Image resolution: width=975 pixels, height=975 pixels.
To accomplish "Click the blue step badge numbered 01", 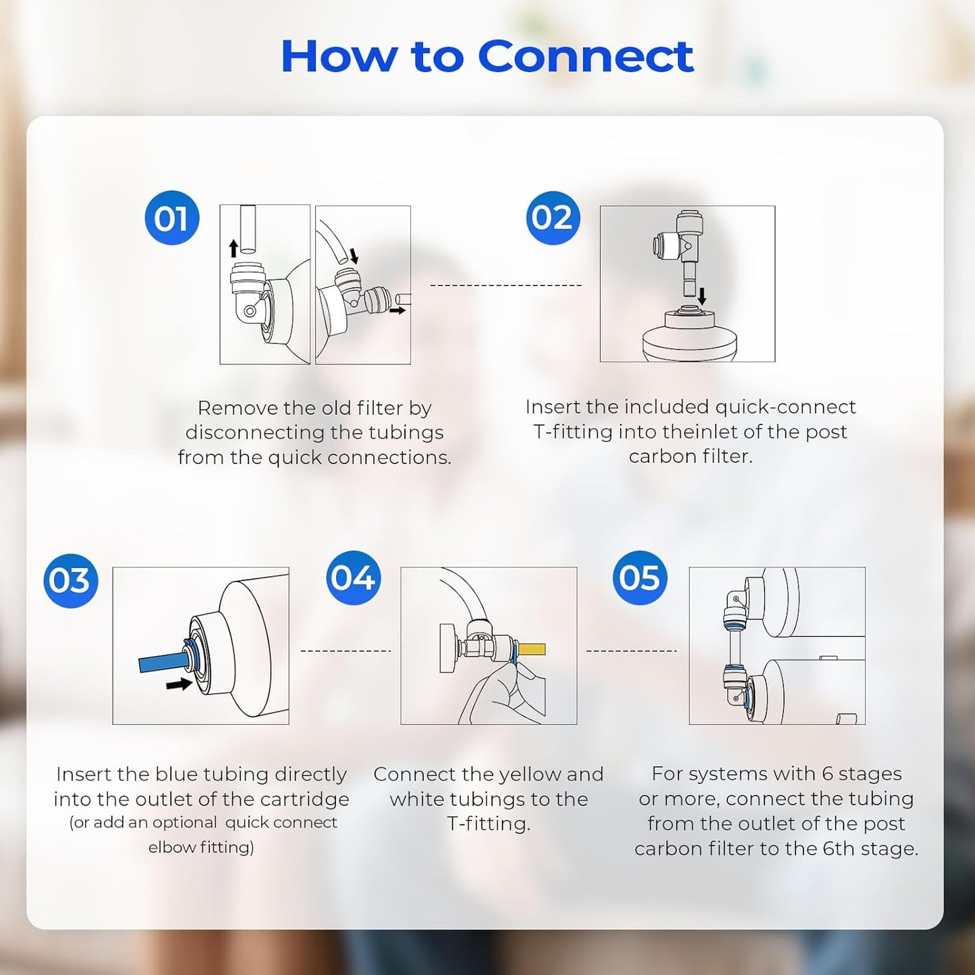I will point(171,218).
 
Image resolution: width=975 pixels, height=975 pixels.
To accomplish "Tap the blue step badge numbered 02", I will point(553,218).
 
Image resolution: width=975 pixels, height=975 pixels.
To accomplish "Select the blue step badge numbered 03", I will point(70,580).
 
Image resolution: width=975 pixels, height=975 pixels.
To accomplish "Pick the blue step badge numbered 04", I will point(353,578).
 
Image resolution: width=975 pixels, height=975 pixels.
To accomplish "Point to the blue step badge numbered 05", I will point(639,578).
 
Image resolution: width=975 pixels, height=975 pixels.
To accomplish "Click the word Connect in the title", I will point(585,57).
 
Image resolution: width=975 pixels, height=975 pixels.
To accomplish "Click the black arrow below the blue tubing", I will point(179,684).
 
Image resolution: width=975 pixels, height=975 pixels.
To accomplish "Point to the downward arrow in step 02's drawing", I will point(702,296).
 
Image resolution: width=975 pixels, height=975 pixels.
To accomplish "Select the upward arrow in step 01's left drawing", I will point(233,248).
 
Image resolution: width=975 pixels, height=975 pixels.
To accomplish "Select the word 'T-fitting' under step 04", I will point(488,824).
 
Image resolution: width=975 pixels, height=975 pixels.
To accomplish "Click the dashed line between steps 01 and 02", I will point(505,285).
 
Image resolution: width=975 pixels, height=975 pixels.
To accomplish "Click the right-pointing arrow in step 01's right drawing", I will point(397,310).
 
